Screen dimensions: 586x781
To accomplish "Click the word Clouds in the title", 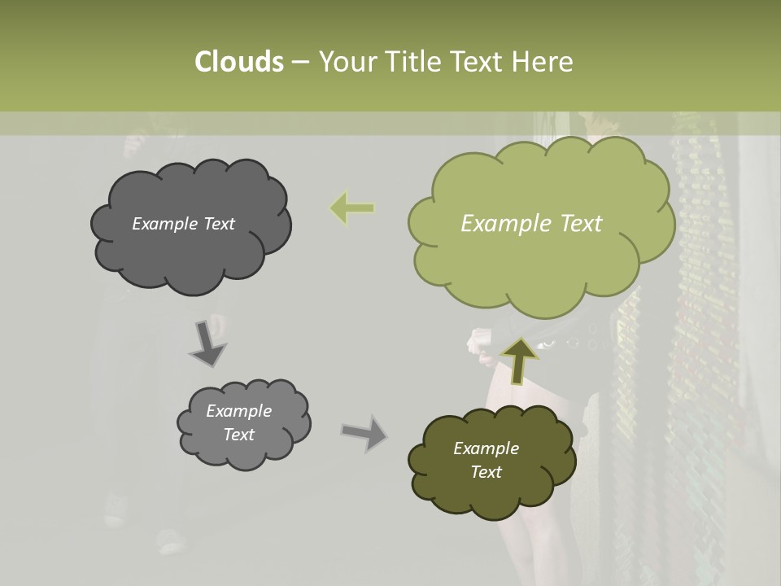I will pyautogui.click(x=238, y=62).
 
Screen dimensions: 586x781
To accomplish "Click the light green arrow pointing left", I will pyautogui.click(x=351, y=208).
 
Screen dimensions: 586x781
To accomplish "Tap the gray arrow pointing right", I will pyautogui.click(x=364, y=433).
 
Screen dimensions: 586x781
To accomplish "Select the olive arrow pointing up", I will pyautogui.click(x=518, y=359).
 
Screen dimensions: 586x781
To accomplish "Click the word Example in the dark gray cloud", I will pyautogui.click(x=164, y=224).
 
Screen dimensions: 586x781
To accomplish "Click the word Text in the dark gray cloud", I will pyautogui.click(x=217, y=224).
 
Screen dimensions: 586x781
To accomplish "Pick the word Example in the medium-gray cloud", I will pyautogui.click(x=238, y=411).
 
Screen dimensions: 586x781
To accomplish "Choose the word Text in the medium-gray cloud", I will pyautogui.click(x=238, y=435).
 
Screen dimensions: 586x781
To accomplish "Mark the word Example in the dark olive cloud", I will pyautogui.click(x=486, y=448).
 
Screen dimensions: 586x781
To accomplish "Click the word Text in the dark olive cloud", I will pyautogui.click(x=486, y=472).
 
